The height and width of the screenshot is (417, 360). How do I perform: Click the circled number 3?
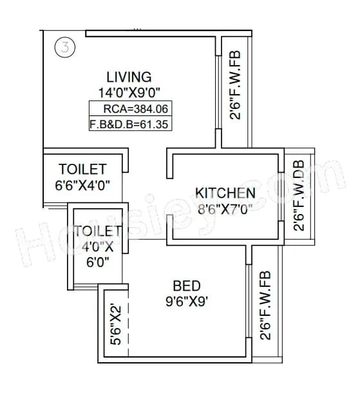(x=64, y=47)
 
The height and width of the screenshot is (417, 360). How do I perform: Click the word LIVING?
(x=129, y=77)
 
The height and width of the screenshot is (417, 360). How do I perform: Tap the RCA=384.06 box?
(x=131, y=109)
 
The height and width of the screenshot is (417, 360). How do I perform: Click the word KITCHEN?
(x=225, y=193)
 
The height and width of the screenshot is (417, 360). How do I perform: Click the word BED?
(x=187, y=286)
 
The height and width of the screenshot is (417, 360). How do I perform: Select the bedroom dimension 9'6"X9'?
(x=187, y=300)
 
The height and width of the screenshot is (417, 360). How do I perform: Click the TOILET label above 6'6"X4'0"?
(x=82, y=170)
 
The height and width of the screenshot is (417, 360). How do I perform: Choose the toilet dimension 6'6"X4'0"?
(x=82, y=186)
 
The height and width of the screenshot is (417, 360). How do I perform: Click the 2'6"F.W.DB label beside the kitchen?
(x=298, y=195)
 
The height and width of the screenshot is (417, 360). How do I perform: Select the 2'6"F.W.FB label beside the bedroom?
(x=263, y=305)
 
